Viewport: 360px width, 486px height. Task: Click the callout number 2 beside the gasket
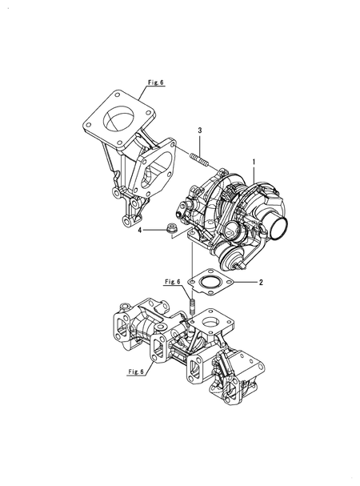258,282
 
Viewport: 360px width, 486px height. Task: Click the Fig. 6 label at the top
155,82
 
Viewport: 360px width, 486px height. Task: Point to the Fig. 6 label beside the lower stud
173,282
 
